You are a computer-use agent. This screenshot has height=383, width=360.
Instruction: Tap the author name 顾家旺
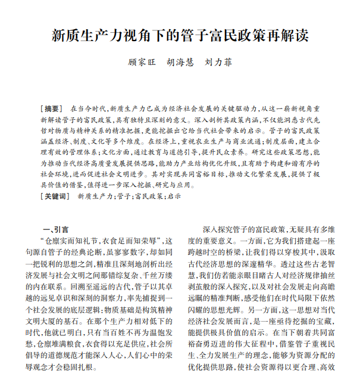coord(142,61)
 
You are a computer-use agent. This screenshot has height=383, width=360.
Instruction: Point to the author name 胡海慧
coord(180,61)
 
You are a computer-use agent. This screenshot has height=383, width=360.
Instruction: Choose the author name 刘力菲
coord(218,61)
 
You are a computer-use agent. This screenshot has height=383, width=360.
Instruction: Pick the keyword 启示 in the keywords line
coord(173,195)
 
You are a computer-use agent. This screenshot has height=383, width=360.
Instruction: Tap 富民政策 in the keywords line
coord(148,195)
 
